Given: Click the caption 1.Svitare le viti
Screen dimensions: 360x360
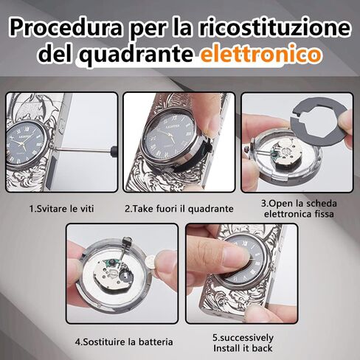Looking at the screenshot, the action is tap(61, 209).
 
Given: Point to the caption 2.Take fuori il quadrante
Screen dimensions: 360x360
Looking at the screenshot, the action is tap(179, 209).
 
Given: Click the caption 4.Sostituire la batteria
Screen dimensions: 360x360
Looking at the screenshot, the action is tap(124, 342).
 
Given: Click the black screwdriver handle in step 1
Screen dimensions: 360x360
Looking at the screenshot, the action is tap(114, 150).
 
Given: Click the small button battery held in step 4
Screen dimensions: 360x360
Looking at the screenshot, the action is tap(150, 263).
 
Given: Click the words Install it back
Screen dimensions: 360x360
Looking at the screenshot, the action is tap(243, 348).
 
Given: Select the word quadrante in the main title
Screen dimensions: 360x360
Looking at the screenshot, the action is tap(137, 55).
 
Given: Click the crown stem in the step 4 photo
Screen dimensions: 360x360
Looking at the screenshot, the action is tap(125, 249).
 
